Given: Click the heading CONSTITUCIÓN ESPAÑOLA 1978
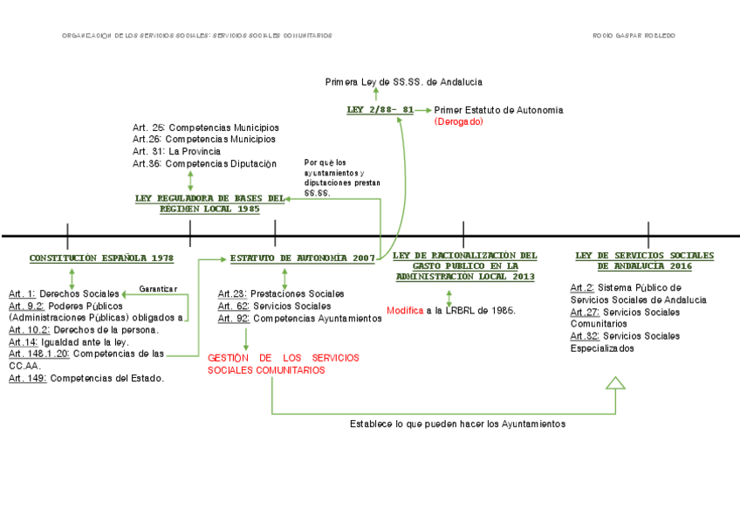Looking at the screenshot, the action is pyautogui.click(x=101, y=258).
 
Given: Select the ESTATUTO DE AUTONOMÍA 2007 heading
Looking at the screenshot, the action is pyautogui.click(x=302, y=258).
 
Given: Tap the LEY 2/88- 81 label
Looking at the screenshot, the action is pyautogui.click(x=380, y=110).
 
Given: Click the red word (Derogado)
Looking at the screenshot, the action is pyautogui.click(x=458, y=122).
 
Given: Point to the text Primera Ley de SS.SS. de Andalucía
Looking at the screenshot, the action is pyautogui.click(x=403, y=82).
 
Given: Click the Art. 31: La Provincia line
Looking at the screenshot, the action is pyautogui.click(x=176, y=151).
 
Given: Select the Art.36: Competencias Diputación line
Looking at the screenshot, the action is pyautogui.click(x=204, y=163).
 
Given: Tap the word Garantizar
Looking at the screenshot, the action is pyautogui.click(x=158, y=289).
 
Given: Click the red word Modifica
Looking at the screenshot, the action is pyautogui.click(x=405, y=310).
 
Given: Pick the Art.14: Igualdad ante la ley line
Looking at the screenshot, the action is pyautogui.click(x=68, y=342).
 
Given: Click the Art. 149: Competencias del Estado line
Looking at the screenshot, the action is pyautogui.click(x=86, y=378).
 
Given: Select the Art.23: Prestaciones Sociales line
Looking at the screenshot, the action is pyautogui.click(x=281, y=294).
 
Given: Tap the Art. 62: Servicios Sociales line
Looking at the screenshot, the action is pyautogui.click(x=274, y=306).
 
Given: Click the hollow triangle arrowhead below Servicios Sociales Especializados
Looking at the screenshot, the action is pyautogui.click(x=616, y=382).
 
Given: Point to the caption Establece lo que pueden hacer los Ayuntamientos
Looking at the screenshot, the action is pyautogui.click(x=457, y=423).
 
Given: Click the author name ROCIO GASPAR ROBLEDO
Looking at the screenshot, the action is pyautogui.click(x=634, y=36).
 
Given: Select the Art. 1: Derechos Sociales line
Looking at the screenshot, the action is pyautogui.click(x=64, y=293).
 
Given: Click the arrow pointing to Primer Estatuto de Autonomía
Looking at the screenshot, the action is pyautogui.click(x=422, y=110).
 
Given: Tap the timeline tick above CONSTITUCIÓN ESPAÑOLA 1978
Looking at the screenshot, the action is pyautogui.click(x=67, y=236).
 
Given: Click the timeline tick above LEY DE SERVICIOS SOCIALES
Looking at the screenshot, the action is pyautogui.click(x=648, y=236).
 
